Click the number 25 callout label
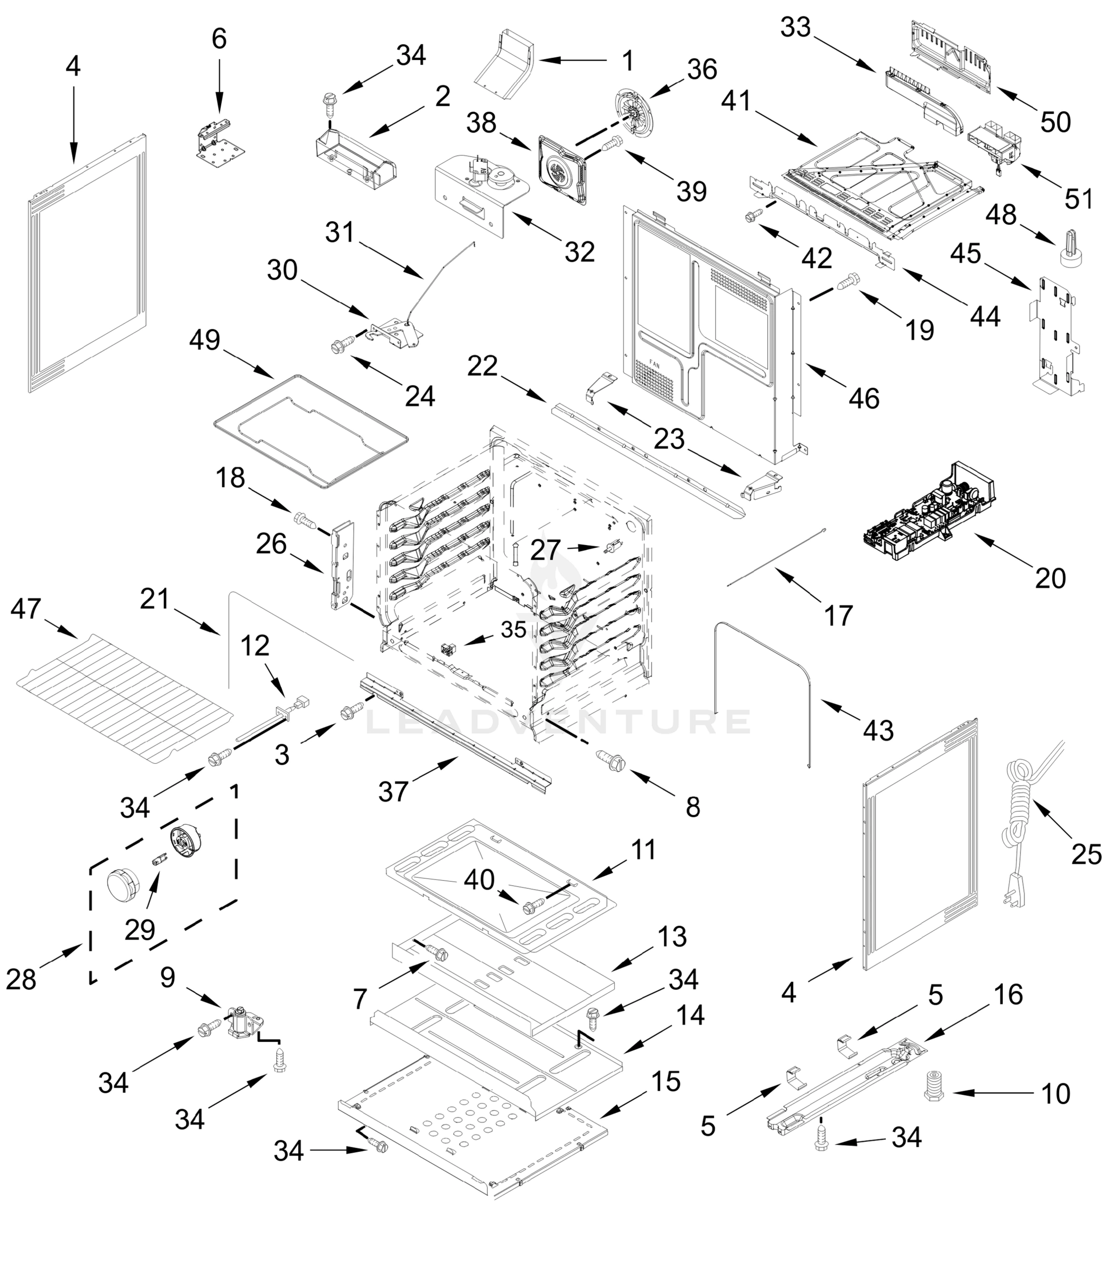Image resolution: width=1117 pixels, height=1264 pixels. [x=1086, y=854]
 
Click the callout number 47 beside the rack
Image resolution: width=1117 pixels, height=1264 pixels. [x=25, y=609]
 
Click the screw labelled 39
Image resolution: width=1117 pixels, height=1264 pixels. [x=611, y=145]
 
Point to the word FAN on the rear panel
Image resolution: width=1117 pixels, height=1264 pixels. [x=655, y=366]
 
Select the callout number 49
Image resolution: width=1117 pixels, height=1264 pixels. [x=205, y=340]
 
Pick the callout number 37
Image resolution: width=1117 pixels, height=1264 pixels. [x=393, y=791]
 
